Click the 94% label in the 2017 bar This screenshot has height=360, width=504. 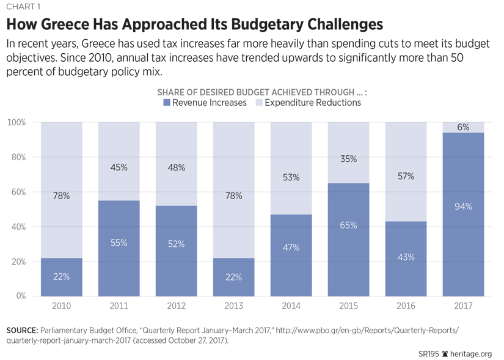(464, 207)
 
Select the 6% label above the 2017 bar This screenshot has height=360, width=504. (464, 127)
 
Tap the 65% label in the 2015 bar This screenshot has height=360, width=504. (349, 226)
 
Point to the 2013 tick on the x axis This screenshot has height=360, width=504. (234, 306)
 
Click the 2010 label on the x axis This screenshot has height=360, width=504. (62, 306)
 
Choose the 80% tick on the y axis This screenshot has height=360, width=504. (17, 157)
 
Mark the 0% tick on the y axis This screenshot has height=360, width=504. (20, 296)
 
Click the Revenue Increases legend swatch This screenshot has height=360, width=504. (167, 103)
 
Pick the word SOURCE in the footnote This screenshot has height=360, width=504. (23, 330)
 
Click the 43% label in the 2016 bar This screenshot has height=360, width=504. (406, 257)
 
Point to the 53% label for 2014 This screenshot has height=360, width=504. (291, 178)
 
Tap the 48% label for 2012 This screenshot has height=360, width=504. (177, 167)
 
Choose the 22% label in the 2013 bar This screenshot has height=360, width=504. (234, 276)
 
